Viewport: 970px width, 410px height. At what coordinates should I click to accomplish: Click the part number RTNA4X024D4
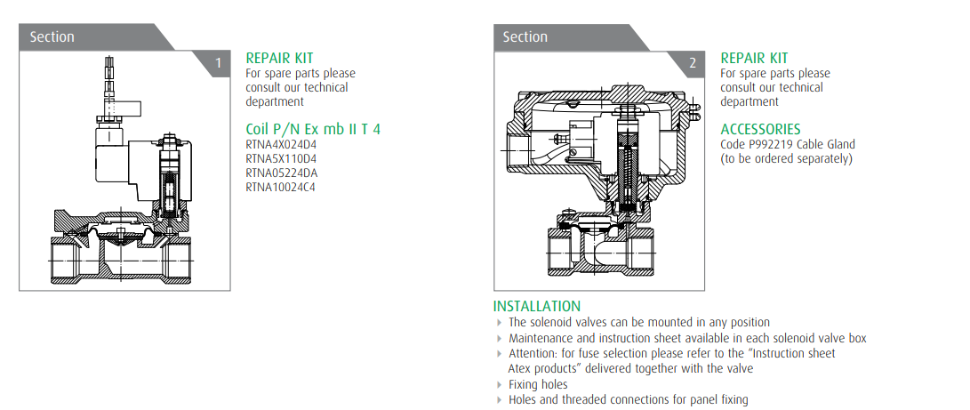point(280,145)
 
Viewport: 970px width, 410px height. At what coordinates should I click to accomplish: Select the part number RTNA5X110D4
point(280,159)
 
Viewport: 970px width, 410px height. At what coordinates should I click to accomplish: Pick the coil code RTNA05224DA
point(281,173)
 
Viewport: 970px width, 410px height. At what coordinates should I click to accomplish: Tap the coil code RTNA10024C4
point(280,188)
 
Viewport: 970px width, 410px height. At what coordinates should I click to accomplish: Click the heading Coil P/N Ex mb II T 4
point(313,129)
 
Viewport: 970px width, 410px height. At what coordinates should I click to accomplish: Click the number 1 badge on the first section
point(219,63)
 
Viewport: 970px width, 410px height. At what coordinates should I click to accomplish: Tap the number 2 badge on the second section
point(693,63)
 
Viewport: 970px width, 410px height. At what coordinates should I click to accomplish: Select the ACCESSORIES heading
point(760,129)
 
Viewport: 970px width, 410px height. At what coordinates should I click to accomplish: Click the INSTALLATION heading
point(537,307)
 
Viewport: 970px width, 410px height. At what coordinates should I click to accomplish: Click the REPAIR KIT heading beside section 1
point(279,58)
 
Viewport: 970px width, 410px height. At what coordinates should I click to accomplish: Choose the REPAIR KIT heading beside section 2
point(754,58)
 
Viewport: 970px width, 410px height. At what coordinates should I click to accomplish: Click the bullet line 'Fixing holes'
point(538,385)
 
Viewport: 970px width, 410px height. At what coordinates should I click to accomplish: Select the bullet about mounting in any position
point(638,323)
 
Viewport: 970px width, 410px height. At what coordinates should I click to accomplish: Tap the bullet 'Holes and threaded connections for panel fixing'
point(628,400)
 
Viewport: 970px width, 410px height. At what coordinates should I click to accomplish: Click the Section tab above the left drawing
point(52,37)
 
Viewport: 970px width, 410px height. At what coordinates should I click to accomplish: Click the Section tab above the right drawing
point(525,37)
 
